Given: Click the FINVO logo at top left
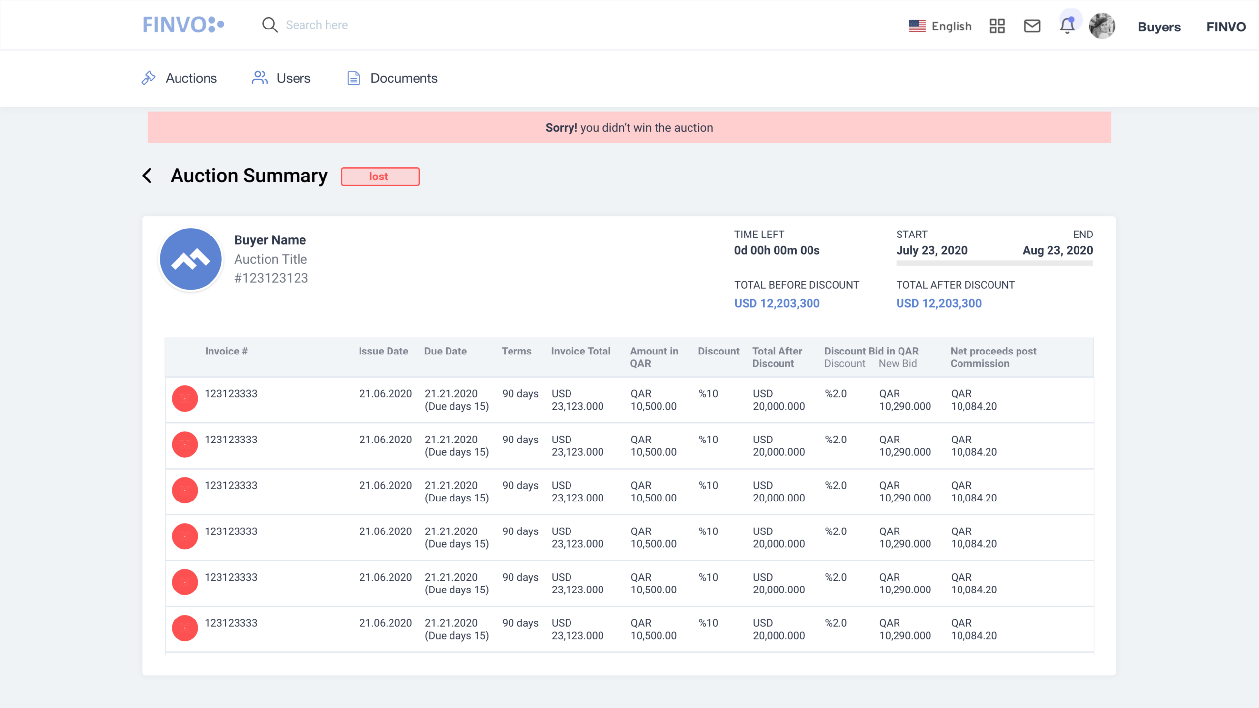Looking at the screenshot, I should coord(183,25).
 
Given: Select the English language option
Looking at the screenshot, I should coord(940,26).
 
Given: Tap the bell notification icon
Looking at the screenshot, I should coord(1067,26).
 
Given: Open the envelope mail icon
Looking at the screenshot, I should coord(1032,26).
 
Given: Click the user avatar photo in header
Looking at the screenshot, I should coord(1102,26).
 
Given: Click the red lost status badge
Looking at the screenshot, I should coord(380,177).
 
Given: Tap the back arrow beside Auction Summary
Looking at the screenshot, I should coord(147,176).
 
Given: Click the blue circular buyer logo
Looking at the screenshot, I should coord(191,259).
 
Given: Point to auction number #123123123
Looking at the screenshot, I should coord(271,278).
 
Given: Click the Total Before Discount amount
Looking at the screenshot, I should coord(777,303).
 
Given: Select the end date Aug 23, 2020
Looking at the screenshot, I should coord(1057,250).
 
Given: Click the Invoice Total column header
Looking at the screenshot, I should coord(580,351).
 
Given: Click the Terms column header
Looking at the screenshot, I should coord(516,351).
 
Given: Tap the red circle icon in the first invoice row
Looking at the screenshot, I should coord(185,398).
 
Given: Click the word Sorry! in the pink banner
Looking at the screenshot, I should coord(561,128).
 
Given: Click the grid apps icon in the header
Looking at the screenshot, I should coord(997,26).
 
